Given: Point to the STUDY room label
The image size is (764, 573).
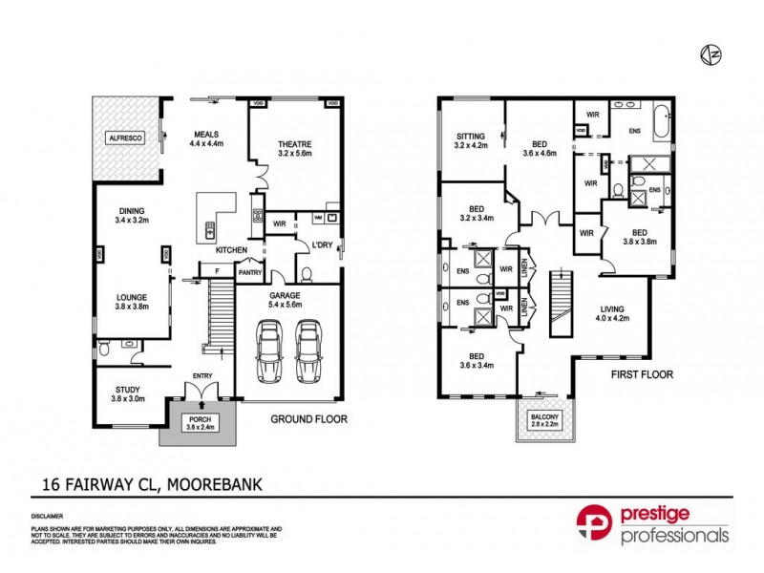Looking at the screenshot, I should pyautogui.click(x=122, y=394).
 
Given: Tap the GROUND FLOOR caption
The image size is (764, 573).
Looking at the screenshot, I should pyautogui.click(x=308, y=419).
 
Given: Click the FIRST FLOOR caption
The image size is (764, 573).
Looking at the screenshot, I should pyautogui.click(x=642, y=375).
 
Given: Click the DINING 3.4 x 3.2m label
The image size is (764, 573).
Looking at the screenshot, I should pyautogui.click(x=132, y=219).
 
